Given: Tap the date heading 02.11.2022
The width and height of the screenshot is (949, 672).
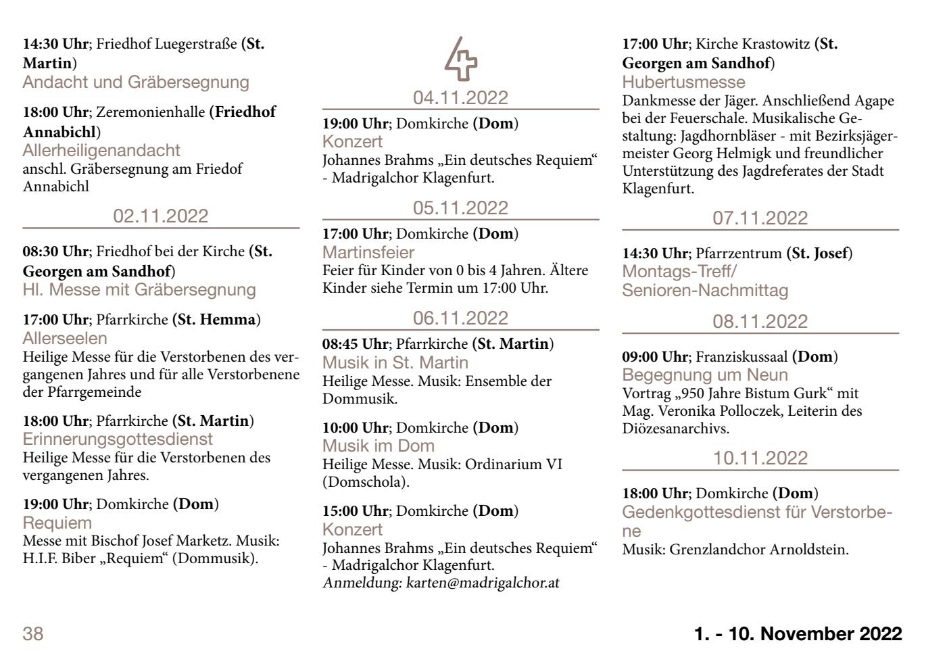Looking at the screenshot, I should click(x=161, y=216).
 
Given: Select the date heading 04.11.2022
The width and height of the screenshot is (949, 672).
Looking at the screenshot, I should click(x=460, y=98).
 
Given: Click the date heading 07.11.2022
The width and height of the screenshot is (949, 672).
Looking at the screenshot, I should click(x=760, y=218).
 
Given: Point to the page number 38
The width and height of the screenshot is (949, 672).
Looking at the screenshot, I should click(x=33, y=634).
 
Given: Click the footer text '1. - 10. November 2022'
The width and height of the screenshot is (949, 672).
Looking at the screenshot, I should click(x=798, y=634).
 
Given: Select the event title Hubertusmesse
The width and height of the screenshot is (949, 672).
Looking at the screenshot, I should click(x=683, y=82).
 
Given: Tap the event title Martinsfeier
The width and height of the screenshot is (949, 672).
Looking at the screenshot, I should click(x=368, y=252).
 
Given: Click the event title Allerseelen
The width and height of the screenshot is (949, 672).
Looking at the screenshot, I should click(x=65, y=338).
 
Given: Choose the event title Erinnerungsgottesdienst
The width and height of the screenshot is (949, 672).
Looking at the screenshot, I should click(x=118, y=439).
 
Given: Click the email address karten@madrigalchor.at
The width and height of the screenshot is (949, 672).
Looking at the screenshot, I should click(x=483, y=583).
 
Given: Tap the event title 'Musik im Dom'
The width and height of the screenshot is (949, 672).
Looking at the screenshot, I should click(x=379, y=446).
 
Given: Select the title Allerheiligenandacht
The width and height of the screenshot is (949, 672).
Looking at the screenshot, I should click(x=101, y=150).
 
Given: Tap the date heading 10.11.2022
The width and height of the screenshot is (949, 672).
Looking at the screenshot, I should click(x=760, y=458).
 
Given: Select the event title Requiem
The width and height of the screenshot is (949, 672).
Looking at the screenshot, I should click(x=57, y=523).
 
